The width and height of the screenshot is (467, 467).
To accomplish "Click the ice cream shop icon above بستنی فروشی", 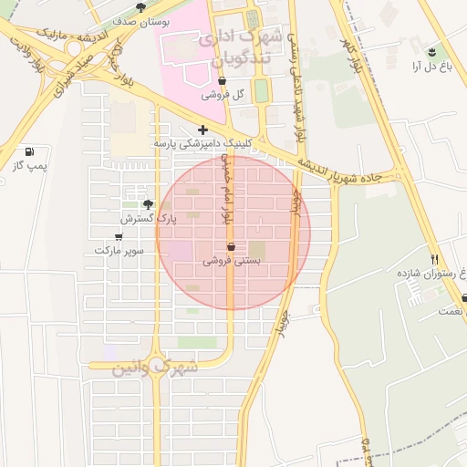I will (x=231, y=246).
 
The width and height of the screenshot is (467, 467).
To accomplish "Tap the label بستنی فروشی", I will (x=231, y=260).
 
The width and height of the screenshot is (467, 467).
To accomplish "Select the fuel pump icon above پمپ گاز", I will (x=29, y=151).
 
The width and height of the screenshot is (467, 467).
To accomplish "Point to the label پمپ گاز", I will (x=29, y=165).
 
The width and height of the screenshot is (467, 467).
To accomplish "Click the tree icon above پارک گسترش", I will (x=149, y=204).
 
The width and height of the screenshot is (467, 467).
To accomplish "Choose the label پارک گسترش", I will (x=148, y=218).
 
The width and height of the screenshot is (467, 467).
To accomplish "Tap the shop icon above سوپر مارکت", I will (x=119, y=236).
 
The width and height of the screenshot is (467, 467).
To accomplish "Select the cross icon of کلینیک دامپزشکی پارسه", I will (x=202, y=130).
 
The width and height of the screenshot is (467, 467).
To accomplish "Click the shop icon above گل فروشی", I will (x=223, y=80).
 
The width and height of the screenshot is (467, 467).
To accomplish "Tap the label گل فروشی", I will (x=223, y=94).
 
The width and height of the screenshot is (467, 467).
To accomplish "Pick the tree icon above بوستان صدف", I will (x=140, y=6).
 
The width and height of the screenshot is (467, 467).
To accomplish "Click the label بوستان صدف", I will (x=139, y=19).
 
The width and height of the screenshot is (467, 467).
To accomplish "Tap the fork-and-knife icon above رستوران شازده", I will (x=434, y=260).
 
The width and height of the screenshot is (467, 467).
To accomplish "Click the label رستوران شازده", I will (x=425, y=273).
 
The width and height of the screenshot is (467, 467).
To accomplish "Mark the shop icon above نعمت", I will (x=464, y=297).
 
